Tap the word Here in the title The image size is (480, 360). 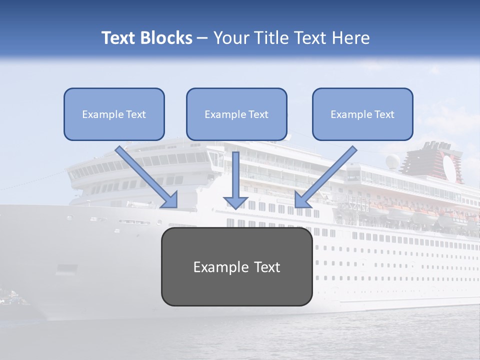point(351,38)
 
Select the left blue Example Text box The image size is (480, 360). point(114,114)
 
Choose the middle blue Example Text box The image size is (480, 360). point(236,114)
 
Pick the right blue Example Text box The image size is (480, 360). point(362,114)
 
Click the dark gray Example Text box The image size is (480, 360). point(236,266)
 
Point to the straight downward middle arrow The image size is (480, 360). point(236,180)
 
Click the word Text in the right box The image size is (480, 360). point(384,114)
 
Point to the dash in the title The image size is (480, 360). point(202,38)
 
